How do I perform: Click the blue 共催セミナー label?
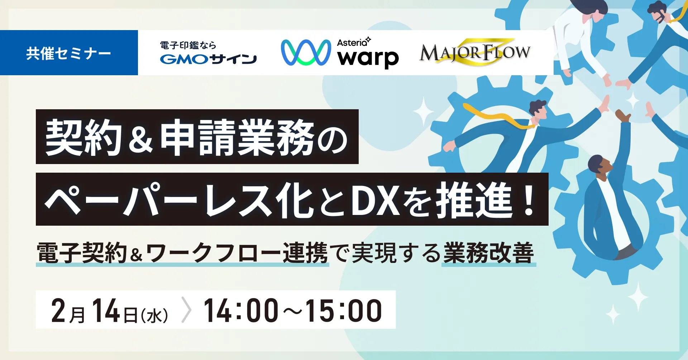point(69,53)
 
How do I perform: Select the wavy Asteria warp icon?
point(306,52)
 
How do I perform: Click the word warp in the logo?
point(368,58)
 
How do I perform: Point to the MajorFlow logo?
point(475,53)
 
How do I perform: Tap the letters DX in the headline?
point(375,200)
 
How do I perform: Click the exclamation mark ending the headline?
point(529,200)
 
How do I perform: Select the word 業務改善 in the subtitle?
point(489,253)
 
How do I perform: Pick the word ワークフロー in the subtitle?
point(214,253)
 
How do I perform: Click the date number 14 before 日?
point(106,310)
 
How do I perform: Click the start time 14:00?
point(241,310)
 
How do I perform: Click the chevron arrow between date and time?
point(186,310)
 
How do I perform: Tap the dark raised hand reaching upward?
point(623,115)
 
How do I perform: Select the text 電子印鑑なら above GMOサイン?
point(188,45)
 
